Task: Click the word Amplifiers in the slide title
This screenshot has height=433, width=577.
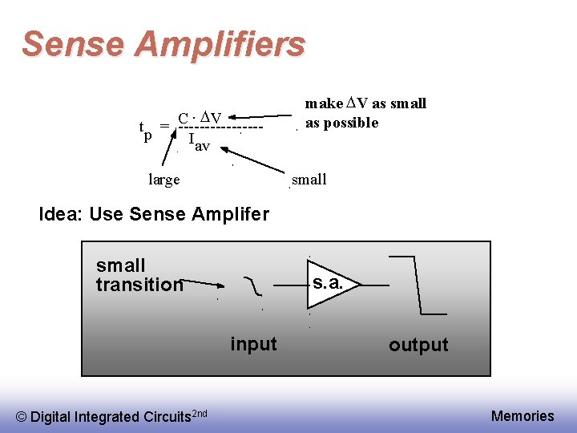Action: (220, 44)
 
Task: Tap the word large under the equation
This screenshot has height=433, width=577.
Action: (164, 180)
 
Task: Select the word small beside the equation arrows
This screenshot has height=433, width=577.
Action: (309, 180)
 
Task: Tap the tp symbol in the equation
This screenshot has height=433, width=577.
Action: (145, 129)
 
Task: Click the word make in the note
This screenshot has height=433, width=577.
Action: (324, 103)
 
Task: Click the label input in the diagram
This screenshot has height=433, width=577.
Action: (253, 344)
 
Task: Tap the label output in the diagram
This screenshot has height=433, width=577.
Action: (418, 345)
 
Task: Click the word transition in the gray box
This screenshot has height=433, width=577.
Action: (139, 285)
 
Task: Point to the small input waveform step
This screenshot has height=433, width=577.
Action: (253, 284)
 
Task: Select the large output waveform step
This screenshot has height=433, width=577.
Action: (417, 285)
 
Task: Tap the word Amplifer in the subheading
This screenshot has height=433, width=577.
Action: (230, 215)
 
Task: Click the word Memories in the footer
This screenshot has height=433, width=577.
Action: (523, 415)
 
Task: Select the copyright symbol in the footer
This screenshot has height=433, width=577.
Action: (22, 417)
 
